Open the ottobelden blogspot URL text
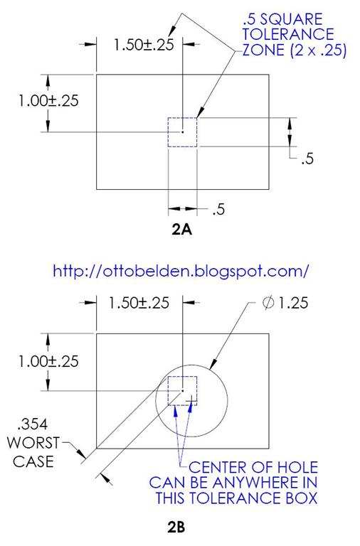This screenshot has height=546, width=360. (x=181, y=271)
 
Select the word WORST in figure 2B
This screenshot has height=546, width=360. (x=29, y=443)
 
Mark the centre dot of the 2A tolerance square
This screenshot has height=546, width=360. (x=183, y=132)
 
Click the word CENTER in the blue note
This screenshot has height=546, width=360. (x=216, y=467)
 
